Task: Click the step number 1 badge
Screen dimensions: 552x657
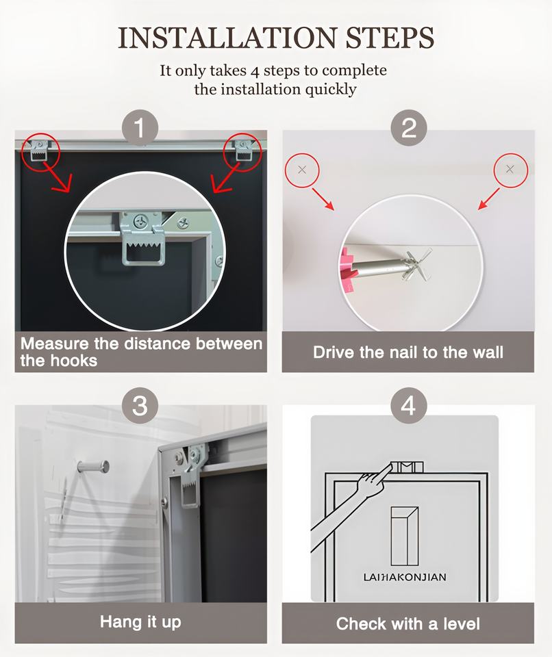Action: [x=140, y=128]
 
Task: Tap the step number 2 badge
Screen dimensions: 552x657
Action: [x=409, y=128]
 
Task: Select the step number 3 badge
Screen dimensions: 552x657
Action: [x=140, y=406]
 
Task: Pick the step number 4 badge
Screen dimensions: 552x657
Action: [x=409, y=406]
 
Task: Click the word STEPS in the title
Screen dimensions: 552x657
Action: [x=390, y=38]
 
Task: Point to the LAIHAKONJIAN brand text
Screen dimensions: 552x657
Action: [x=405, y=577]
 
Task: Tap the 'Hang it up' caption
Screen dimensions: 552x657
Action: [x=140, y=622]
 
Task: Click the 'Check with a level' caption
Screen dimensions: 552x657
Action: [x=407, y=624]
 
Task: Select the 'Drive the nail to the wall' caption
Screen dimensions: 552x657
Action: [x=408, y=352]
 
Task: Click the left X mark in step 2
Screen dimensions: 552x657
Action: [x=302, y=170]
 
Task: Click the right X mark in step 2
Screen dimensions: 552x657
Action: [x=510, y=169]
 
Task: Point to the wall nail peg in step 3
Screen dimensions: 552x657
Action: [x=93, y=466]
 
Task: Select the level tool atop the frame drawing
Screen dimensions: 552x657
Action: [x=407, y=467]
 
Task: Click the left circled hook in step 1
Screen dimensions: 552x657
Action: [x=40, y=151]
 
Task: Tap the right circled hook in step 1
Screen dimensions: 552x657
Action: [x=243, y=151]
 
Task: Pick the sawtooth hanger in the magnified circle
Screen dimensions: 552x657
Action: [x=142, y=238]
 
